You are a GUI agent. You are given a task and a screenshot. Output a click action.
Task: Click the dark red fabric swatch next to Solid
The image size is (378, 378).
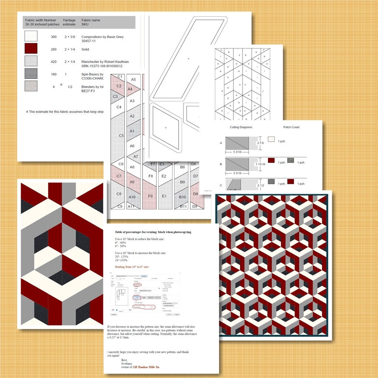pos(31,49)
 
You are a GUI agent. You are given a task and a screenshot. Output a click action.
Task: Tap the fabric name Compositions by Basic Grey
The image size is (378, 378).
pos(102,37)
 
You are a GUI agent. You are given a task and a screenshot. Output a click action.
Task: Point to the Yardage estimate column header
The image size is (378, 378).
pos(69,23)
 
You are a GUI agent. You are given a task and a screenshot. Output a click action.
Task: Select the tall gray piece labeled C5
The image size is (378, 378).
pos(121,135)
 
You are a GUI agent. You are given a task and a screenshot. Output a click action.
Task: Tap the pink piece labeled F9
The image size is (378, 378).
pos(150,196)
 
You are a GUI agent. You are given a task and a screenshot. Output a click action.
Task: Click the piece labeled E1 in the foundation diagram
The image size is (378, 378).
pos(164,196)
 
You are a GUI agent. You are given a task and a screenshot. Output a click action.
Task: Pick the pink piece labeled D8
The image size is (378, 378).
pos(196,194)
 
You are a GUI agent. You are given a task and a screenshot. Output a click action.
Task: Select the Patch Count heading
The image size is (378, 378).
pos(291,127)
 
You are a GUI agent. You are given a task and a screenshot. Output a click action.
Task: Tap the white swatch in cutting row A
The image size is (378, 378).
pos(271,140)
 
